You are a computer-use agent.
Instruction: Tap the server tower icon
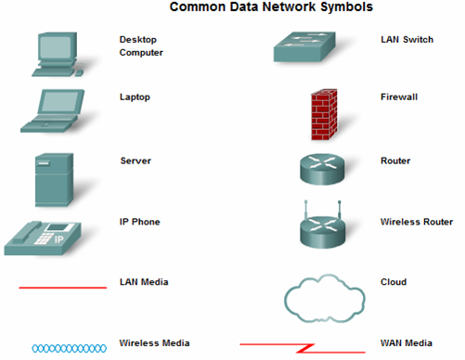pyautogui.click(x=53, y=179)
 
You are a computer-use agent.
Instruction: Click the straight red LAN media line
pyautogui.click(x=63, y=288)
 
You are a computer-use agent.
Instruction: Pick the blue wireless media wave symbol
pyautogui.click(x=63, y=348)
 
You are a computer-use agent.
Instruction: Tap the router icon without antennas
pyautogui.click(x=321, y=168)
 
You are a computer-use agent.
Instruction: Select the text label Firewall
pyautogui.click(x=398, y=96)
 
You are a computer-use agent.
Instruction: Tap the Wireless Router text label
pyautogui.click(x=417, y=222)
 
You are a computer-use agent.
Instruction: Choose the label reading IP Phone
pyautogui.click(x=139, y=222)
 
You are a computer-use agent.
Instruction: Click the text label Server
pyautogui.click(x=136, y=161)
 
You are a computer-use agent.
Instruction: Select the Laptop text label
pyautogui.click(x=135, y=96)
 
